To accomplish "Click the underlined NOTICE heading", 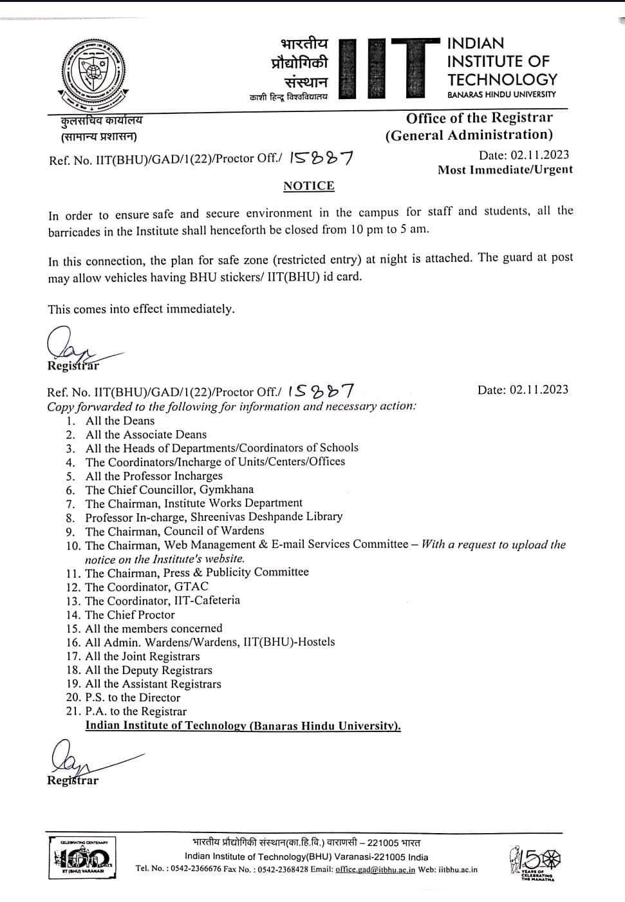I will (x=309, y=186).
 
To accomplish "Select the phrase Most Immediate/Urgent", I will (x=505, y=170).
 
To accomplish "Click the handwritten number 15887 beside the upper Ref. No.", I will (x=321, y=157).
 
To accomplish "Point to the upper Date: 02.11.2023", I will (x=524, y=155).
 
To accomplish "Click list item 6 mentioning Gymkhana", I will (x=169, y=489).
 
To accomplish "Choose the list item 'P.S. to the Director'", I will (x=133, y=697).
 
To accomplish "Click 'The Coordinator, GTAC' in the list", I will (x=147, y=587).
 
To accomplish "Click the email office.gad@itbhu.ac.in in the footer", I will (x=375, y=869).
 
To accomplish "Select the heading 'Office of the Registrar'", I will (x=479, y=118).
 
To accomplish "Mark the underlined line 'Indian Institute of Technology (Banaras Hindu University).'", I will (x=243, y=726).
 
